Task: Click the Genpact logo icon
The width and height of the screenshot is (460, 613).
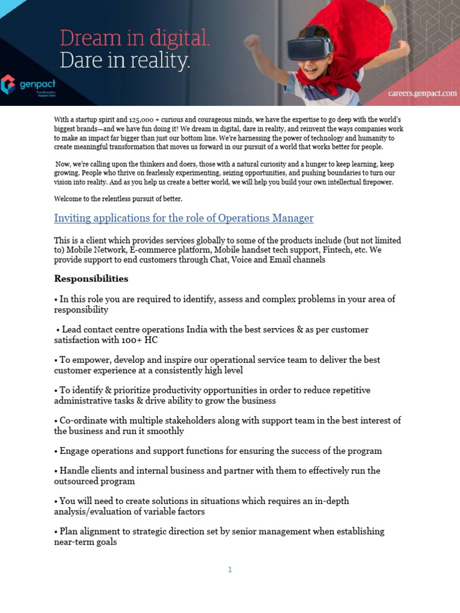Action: [8, 84]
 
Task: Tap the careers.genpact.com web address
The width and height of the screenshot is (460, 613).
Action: [422, 93]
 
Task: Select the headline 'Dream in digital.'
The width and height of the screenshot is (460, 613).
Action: [135, 38]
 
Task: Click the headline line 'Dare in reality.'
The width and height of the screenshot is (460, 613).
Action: [125, 60]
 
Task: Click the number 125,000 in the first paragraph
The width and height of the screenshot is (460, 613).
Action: [143, 120]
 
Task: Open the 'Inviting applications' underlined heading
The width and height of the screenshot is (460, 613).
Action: [183, 218]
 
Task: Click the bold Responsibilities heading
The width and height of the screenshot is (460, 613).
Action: [91, 278]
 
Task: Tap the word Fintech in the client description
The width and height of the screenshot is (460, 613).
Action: [337, 250]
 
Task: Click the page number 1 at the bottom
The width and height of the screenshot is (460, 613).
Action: [229, 570]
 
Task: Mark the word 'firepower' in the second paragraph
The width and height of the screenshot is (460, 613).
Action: [376, 182]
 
